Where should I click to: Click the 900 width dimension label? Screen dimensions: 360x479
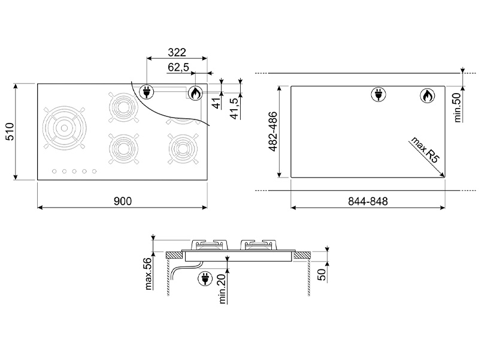122,201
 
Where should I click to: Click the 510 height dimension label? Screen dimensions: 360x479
10,132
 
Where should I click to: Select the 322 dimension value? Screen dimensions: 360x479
177,52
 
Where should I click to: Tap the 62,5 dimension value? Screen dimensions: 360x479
178,68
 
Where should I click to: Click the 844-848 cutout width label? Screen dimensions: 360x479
368,202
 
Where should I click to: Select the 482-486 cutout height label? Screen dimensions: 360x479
272,132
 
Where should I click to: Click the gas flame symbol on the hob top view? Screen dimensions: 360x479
195,92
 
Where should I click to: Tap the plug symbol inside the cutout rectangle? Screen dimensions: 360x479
378,94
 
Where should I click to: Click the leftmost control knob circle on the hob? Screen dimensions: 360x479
54,172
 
